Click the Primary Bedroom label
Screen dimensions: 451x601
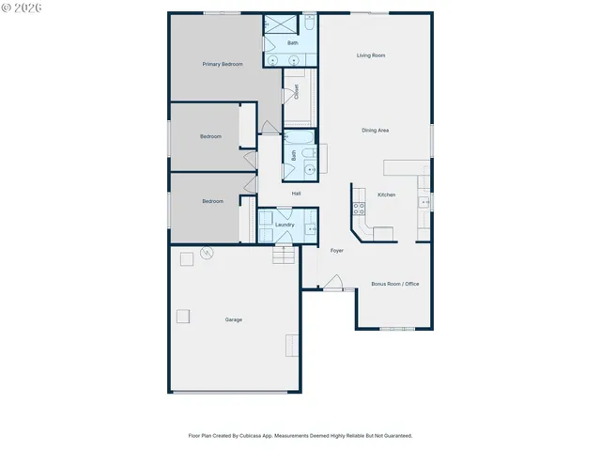click(223, 64)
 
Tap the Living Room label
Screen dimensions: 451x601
click(371, 55)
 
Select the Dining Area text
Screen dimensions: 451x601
click(376, 130)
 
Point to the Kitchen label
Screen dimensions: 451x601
click(386, 194)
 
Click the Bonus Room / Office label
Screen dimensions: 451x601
click(394, 284)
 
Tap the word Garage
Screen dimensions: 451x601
click(233, 319)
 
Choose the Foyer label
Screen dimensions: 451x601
click(336, 250)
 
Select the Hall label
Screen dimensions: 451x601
click(296, 194)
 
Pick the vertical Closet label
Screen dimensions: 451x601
click(297, 92)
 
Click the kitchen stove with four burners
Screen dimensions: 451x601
click(359, 209)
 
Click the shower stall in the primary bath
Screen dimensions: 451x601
click(276, 26)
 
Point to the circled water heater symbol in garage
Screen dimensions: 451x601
click(206, 254)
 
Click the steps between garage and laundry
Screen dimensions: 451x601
click(284, 257)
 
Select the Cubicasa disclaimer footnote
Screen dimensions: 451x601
click(300, 436)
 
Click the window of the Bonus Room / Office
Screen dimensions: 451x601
click(396, 329)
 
